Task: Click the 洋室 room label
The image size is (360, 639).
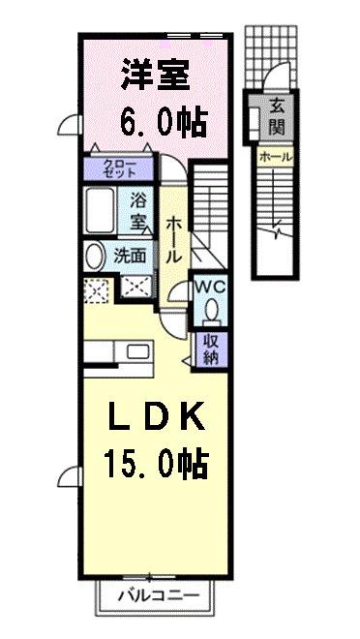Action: pos(156,76)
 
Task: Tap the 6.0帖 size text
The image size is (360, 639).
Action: pos(164,122)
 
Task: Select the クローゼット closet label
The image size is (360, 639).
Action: pos(119,168)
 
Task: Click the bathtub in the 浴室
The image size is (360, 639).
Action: pos(100,210)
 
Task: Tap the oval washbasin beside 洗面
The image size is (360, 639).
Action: pos(94,257)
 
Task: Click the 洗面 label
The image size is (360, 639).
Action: pos(130,256)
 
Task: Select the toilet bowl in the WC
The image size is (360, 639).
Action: pos(212,311)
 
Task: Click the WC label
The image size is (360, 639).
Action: pos(210,287)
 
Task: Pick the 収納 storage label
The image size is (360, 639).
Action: pos(210,350)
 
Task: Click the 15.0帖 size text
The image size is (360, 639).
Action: pos(157,465)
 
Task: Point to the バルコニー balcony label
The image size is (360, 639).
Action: pos(159,595)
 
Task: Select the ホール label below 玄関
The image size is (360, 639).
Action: pos(275,157)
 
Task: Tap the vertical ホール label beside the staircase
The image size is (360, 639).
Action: pos(173,239)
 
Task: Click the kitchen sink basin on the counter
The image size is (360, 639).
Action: pos(139,350)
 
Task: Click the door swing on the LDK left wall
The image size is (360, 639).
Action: pos(70,476)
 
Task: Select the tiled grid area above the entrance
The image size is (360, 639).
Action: pos(271,57)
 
